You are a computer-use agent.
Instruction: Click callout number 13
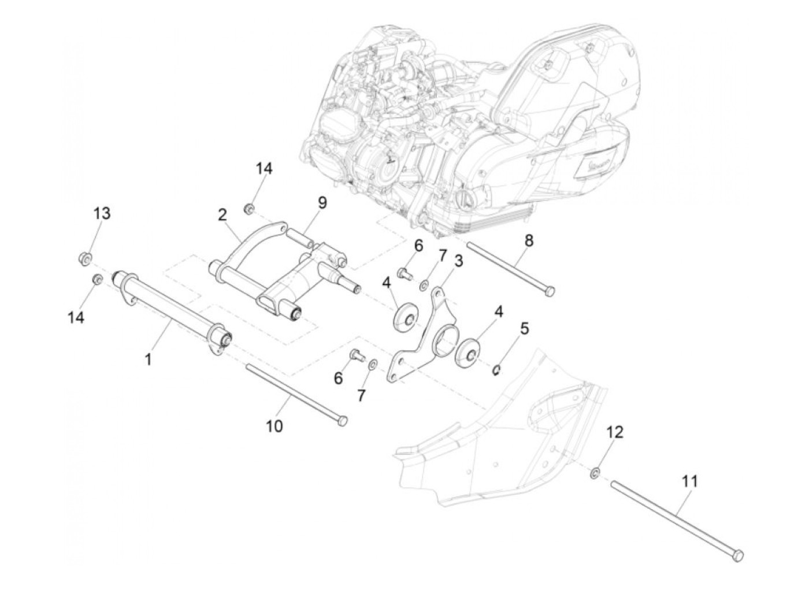point(102,213)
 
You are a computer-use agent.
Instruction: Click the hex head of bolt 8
point(549,291)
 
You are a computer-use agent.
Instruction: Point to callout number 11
point(689,481)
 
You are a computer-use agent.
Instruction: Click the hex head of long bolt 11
point(737,555)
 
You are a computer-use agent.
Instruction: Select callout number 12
point(615,432)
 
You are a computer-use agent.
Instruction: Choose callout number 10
point(274,426)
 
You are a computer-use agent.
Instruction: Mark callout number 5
point(524,328)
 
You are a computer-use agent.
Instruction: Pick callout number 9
point(322,202)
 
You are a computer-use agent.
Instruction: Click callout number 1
point(148,359)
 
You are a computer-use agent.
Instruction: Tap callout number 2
point(222,215)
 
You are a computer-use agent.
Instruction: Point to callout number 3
point(458,261)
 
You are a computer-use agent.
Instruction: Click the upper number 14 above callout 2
point(264,169)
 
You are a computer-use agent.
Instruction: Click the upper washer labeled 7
point(424,284)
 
